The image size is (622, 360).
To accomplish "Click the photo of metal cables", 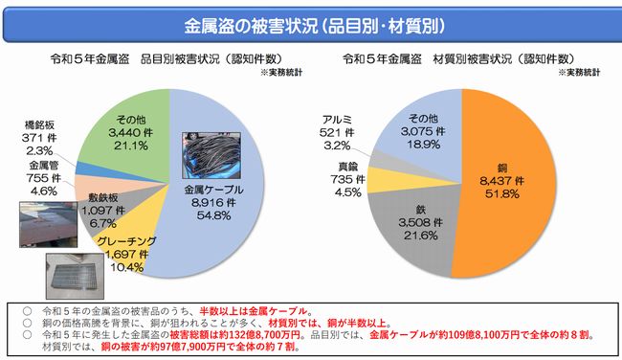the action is (x=211, y=156).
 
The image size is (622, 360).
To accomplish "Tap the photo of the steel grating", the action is (x=75, y=277).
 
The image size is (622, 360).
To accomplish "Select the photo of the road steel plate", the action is (x=49, y=224).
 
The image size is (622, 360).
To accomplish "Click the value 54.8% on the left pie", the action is (x=213, y=215).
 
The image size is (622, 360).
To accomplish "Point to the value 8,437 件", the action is (x=501, y=181).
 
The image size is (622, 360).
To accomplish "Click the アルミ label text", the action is (x=337, y=120).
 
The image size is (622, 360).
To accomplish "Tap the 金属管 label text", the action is (x=43, y=165).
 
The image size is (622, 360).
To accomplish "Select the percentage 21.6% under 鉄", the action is (x=421, y=236).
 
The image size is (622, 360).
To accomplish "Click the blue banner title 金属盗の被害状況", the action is (x=251, y=26).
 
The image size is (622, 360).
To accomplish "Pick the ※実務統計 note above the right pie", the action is (x=579, y=73).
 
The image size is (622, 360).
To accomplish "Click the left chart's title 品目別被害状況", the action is (x=180, y=59).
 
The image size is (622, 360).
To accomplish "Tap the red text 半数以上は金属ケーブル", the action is (x=254, y=311).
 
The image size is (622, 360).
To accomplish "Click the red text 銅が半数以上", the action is (x=356, y=323).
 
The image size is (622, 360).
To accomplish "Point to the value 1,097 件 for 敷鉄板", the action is (x=103, y=211).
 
